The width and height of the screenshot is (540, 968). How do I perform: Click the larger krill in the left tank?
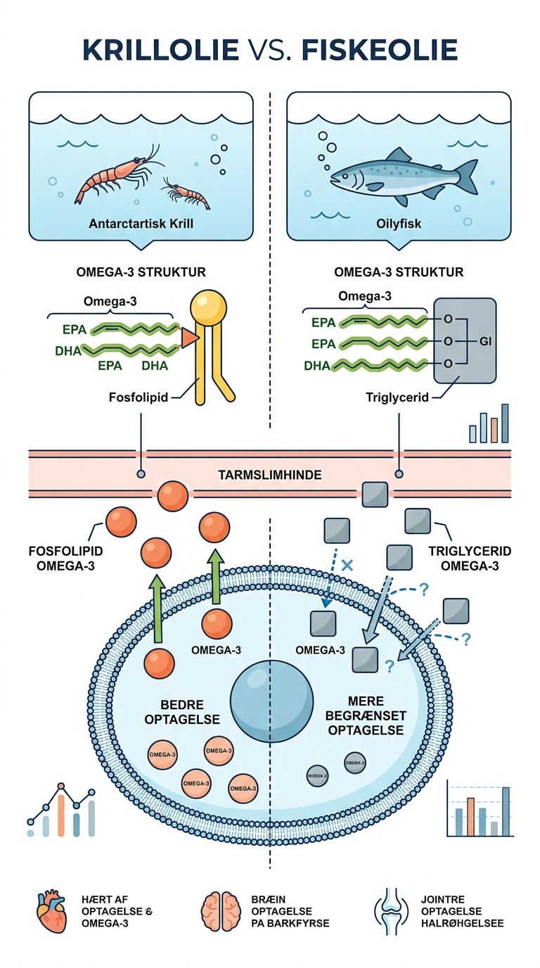coord(112,172)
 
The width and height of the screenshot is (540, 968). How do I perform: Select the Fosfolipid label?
coord(139,397)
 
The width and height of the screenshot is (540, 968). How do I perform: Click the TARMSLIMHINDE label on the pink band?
coord(270,476)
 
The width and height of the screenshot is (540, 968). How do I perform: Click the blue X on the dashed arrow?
coord(345,564)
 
